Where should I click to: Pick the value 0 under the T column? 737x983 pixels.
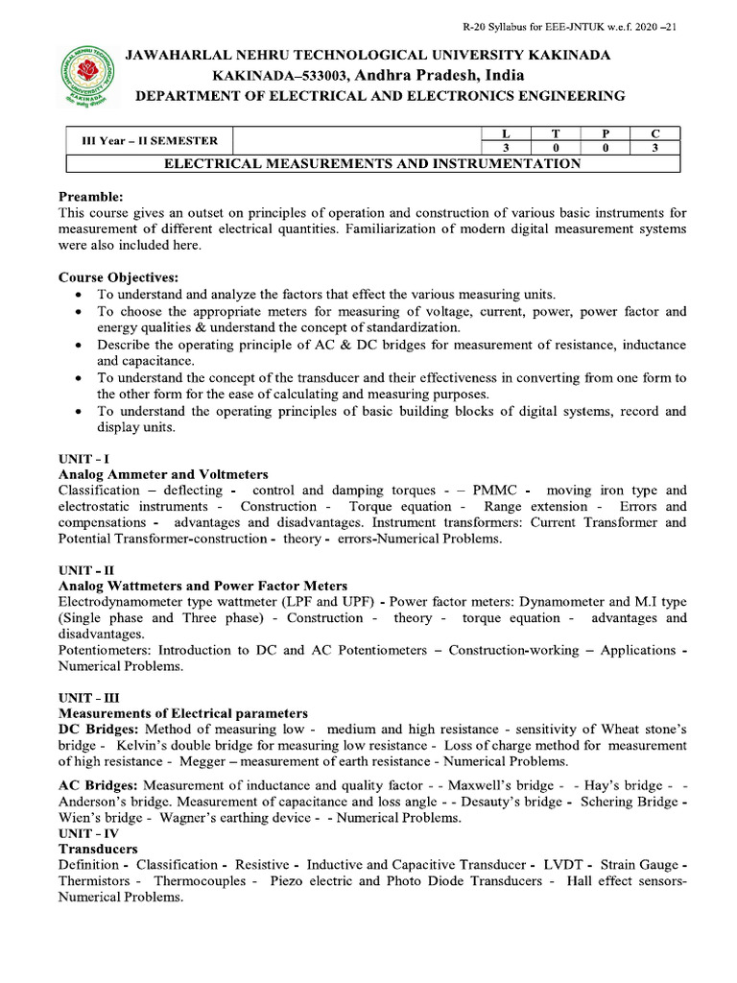click(556, 148)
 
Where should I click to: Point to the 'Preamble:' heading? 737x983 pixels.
click(92, 196)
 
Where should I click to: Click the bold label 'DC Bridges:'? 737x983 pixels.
click(99, 729)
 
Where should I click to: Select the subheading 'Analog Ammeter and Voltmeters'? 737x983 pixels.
click(163, 474)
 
